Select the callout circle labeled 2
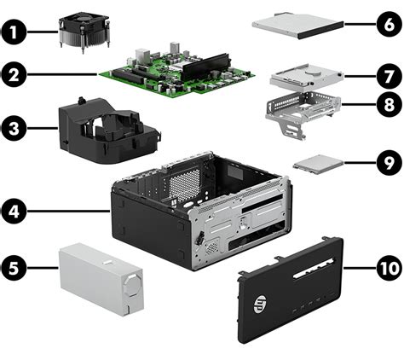coord(14,75)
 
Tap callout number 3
coord(14,131)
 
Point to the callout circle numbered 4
coord(14,207)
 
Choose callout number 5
coord(14,268)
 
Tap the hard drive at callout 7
coord(304,79)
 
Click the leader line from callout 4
coord(68,207)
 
